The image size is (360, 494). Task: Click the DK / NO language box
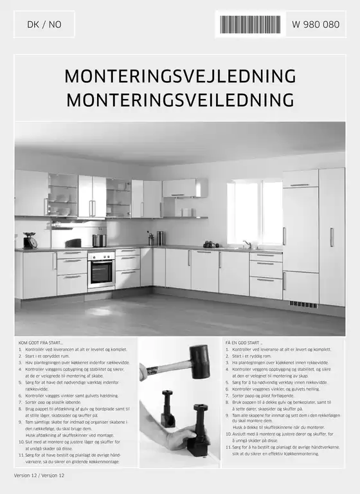tap(44, 24)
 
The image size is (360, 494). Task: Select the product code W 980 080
tap(315, 24)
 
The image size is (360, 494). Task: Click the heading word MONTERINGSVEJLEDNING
tap(180, 76)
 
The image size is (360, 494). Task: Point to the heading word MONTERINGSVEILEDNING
tap(180, 100)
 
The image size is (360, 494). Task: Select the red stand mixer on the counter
tap(29, 240)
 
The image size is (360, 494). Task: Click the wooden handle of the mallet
tap(167, 369)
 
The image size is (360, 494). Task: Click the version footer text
tap(40, 475)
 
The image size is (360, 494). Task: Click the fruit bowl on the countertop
tap(211, 244)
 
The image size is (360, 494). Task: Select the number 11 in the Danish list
tap(21, 455)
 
